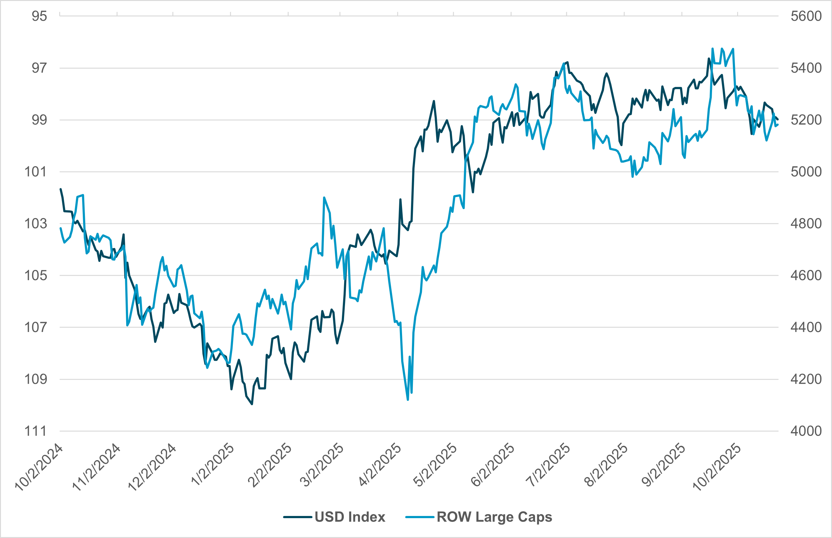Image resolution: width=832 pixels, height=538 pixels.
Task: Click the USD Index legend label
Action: (x=350, y=517)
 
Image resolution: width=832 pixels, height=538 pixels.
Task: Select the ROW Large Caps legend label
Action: (x=494, y=517)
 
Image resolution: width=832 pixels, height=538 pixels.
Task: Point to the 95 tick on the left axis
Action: (x=39, y=16)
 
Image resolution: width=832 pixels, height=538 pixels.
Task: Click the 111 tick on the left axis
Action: (x=35, y=431)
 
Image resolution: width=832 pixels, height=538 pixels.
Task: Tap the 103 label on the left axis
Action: (x=35, y=224)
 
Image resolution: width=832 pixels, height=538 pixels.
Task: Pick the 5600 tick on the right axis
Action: (x=806, y=16)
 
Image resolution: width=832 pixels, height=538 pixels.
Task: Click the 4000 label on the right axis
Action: (x=806, y=431)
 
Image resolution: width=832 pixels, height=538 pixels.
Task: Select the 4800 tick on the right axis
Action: (x=806, y=224)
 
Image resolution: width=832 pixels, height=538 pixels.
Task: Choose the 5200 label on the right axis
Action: (x=806, y=120)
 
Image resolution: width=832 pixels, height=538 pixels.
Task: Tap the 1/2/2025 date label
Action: (x=213, y=465)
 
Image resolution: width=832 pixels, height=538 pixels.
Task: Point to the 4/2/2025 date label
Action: (x=380, y=465)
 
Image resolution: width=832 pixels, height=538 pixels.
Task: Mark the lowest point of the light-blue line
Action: (x=408, y=400)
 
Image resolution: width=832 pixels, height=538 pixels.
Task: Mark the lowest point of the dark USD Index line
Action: (x=252, y=404)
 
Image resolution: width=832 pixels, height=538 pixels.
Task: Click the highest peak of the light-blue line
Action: (x=712, y=49)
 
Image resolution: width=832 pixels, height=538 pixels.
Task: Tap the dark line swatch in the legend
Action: (x=297, y=517)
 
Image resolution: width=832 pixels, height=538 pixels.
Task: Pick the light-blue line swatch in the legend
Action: (x=419, y=517)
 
